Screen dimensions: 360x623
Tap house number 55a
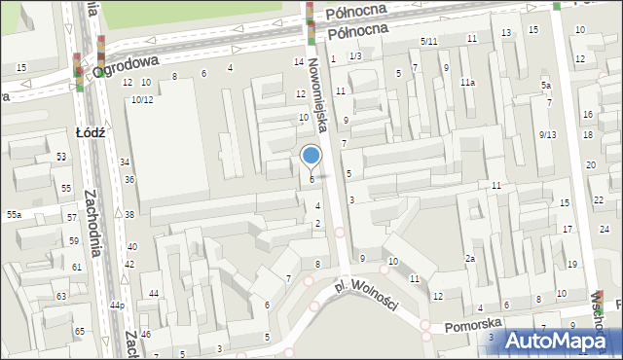pyautogui.click(x=14, y=214)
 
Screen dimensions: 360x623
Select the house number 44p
pyautogui.click(x=117, y=306)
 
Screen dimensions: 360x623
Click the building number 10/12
pyautogui.click(x=142, y=99)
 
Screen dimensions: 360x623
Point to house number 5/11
pyautogui.click(x=428, y=41)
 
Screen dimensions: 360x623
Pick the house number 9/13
pyautogui.click(x=547, y=134)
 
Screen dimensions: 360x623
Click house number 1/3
pyautogui.click(x=355, y=56)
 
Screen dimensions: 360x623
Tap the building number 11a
pyautogui.click(x=467, y=83)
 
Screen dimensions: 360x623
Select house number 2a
pyautogui.click(x=469, y=258)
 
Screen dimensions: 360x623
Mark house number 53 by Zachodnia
pyautogui.click(x=61, y=157)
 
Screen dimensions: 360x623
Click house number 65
pyautogui.click(x=80, y=332)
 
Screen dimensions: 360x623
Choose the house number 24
pyautogui.click(x=604, y=229)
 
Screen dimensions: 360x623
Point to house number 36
pyautogui.click(x=129, y=180)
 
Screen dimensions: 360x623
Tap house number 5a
pyautogui.click(x=546, y=86)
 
